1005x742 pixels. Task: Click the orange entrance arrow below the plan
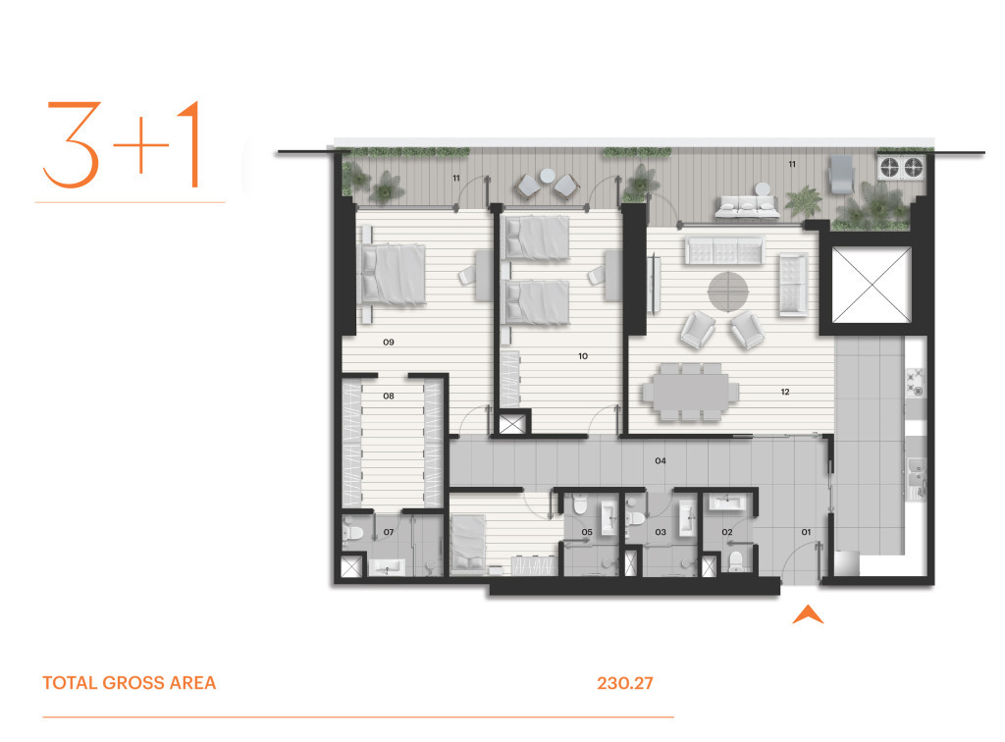coord(808,615)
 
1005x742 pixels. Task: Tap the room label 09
coord(389,343)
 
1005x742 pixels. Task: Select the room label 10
coord(583,356)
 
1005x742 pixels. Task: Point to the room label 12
coord(785,392)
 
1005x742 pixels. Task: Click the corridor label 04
coord(661,460)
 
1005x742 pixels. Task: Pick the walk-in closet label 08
coord(389,396)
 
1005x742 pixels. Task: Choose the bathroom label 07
coord(389,532)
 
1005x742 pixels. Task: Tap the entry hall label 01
coord(806,532)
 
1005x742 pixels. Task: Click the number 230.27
coord(625,683)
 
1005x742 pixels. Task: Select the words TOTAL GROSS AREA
coord(130,683)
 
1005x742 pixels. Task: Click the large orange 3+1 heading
coord(122,144)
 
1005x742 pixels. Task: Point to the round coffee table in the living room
coord(727,291)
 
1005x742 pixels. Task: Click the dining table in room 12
coord(691,392)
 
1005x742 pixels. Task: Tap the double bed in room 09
coord(394,274)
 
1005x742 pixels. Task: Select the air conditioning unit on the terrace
coord(901,167)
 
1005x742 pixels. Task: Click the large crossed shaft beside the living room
coord(872,285)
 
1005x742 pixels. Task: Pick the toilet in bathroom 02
coord(737,560)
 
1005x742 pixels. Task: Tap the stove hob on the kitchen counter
coord(915,382)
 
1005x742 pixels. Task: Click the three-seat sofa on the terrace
coord(747,206)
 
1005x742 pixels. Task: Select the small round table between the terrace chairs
coord(548,175)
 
